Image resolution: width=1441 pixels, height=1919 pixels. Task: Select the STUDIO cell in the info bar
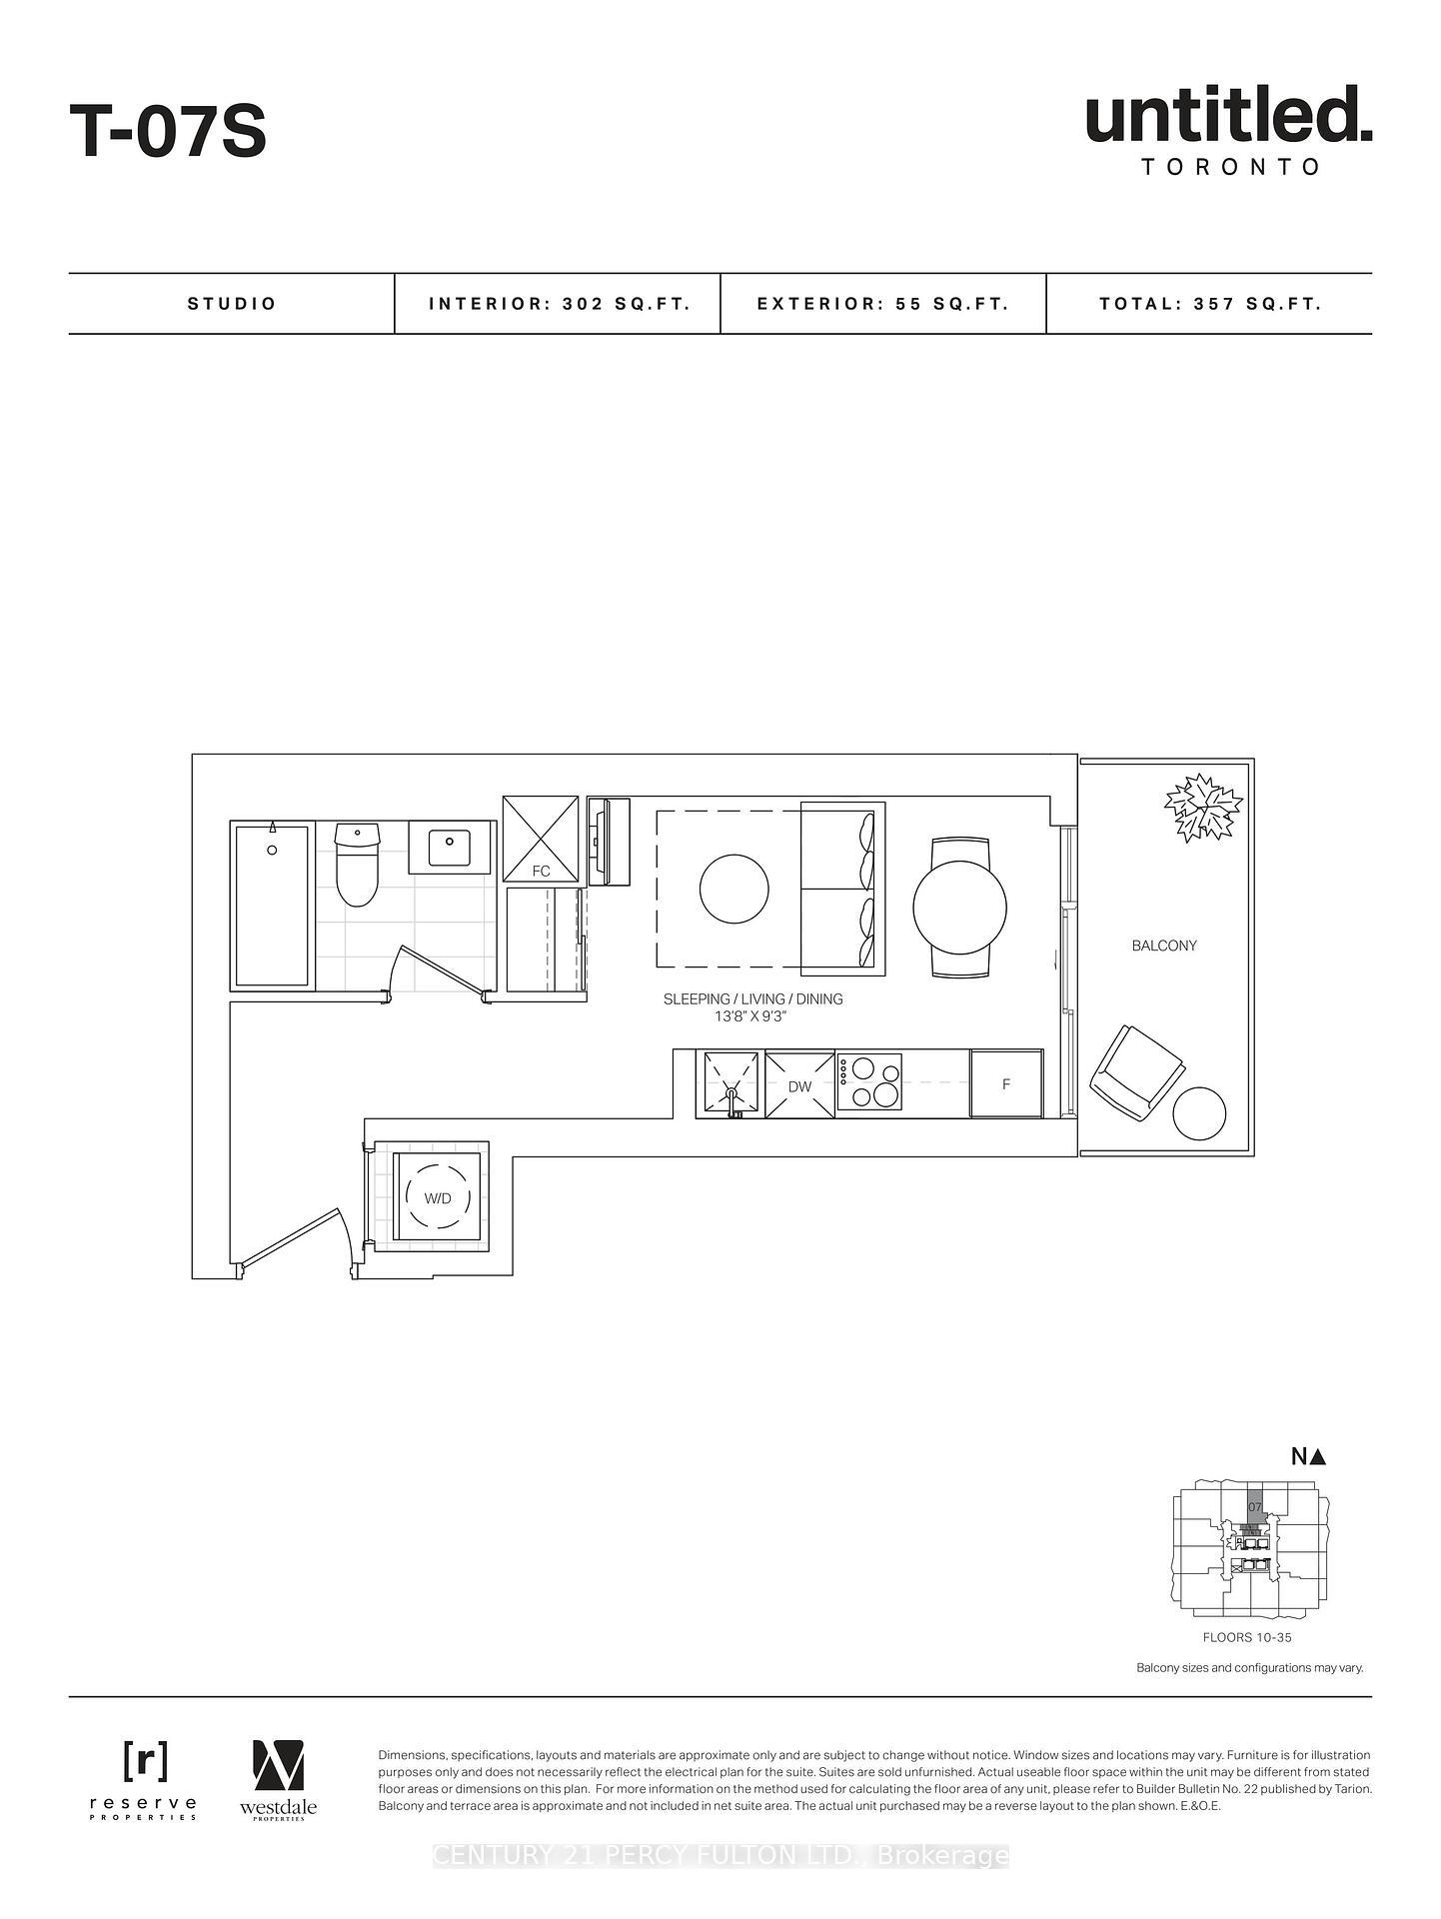click(x=232, y=304)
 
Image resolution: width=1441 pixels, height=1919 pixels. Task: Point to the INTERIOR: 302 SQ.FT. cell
click(x=560, y=304)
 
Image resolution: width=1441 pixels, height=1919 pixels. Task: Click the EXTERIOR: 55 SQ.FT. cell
click(x=883, y=304)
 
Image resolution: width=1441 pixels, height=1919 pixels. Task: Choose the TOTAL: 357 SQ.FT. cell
click(x=1210, y=304)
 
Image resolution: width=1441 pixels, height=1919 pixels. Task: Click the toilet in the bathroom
click(x=357, y=864)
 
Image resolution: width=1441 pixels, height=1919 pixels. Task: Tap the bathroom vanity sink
click(x=450, y=848)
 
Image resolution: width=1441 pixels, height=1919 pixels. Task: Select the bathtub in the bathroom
click(x=272, y=905)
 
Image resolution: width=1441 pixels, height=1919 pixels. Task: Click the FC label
click(x=541, y=872)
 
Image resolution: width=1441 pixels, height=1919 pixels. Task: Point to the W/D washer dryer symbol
click(x=438, y=1197)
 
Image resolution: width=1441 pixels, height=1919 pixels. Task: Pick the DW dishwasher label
click(x=799, y=1086)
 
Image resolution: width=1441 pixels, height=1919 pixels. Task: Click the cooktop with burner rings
click(x=869, y=1083)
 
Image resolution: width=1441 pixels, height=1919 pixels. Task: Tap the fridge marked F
click(x=1006, y=1084)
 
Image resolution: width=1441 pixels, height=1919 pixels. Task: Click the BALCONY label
click(x=1164, y=946)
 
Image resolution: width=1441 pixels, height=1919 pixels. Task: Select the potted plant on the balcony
click(x=1204, y=807)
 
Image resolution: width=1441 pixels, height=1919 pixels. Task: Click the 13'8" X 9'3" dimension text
click(x=752, y=1016)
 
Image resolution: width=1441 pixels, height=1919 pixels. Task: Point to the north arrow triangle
click(x=1317, y=1457)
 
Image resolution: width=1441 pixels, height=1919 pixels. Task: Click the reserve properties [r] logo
click(x=145, y=1761)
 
